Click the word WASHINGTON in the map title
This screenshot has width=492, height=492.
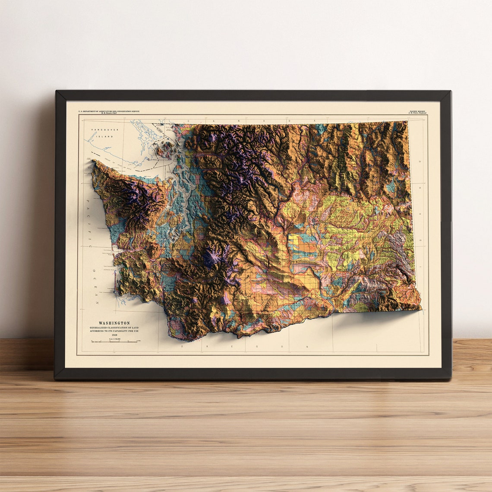[x=114, y=323]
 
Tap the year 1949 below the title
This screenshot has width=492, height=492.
[x=114, y=334]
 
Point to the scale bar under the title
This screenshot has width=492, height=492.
[x=114, y=341]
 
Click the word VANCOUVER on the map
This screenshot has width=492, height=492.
[x=101, y=130]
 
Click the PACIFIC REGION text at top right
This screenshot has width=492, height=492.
[x=417, y=111]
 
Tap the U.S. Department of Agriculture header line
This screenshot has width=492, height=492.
[x=109, y=111]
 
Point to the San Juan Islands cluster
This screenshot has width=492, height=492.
[x=165, y=149]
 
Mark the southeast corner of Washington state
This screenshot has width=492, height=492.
[x=419, y=308]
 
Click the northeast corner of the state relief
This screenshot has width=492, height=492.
[x=406, y=122]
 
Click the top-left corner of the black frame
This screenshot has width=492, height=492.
[x=57, y=92]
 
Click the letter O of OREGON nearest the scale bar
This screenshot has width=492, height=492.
[x=182, y=346]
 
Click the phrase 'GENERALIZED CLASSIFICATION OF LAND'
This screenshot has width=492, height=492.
[x=114, y=328]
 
